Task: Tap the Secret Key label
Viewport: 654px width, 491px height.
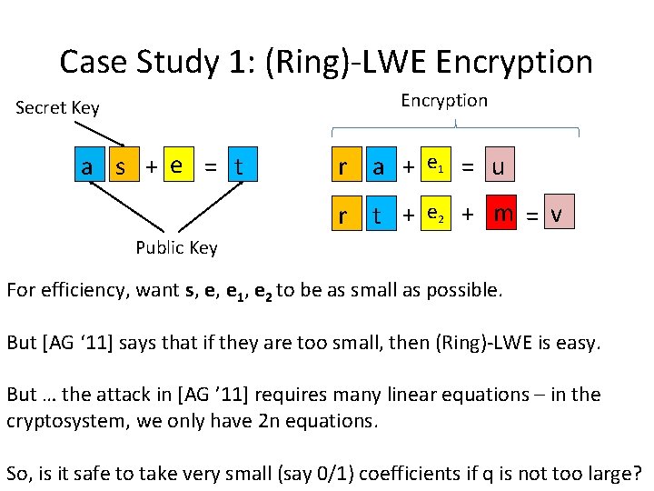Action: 57,108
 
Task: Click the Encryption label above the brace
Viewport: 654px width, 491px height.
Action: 444,101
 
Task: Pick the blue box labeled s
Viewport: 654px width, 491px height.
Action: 119,167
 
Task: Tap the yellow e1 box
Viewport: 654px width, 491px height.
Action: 437,165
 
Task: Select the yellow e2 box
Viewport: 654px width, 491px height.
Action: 437,215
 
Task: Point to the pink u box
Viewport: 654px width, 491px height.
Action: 497,167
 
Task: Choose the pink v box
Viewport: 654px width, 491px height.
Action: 557,215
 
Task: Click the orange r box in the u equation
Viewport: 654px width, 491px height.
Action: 342,167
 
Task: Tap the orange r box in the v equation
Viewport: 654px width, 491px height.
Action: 342,216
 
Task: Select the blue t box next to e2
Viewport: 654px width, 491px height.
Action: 376,216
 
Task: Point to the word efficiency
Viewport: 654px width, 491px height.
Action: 85,291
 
